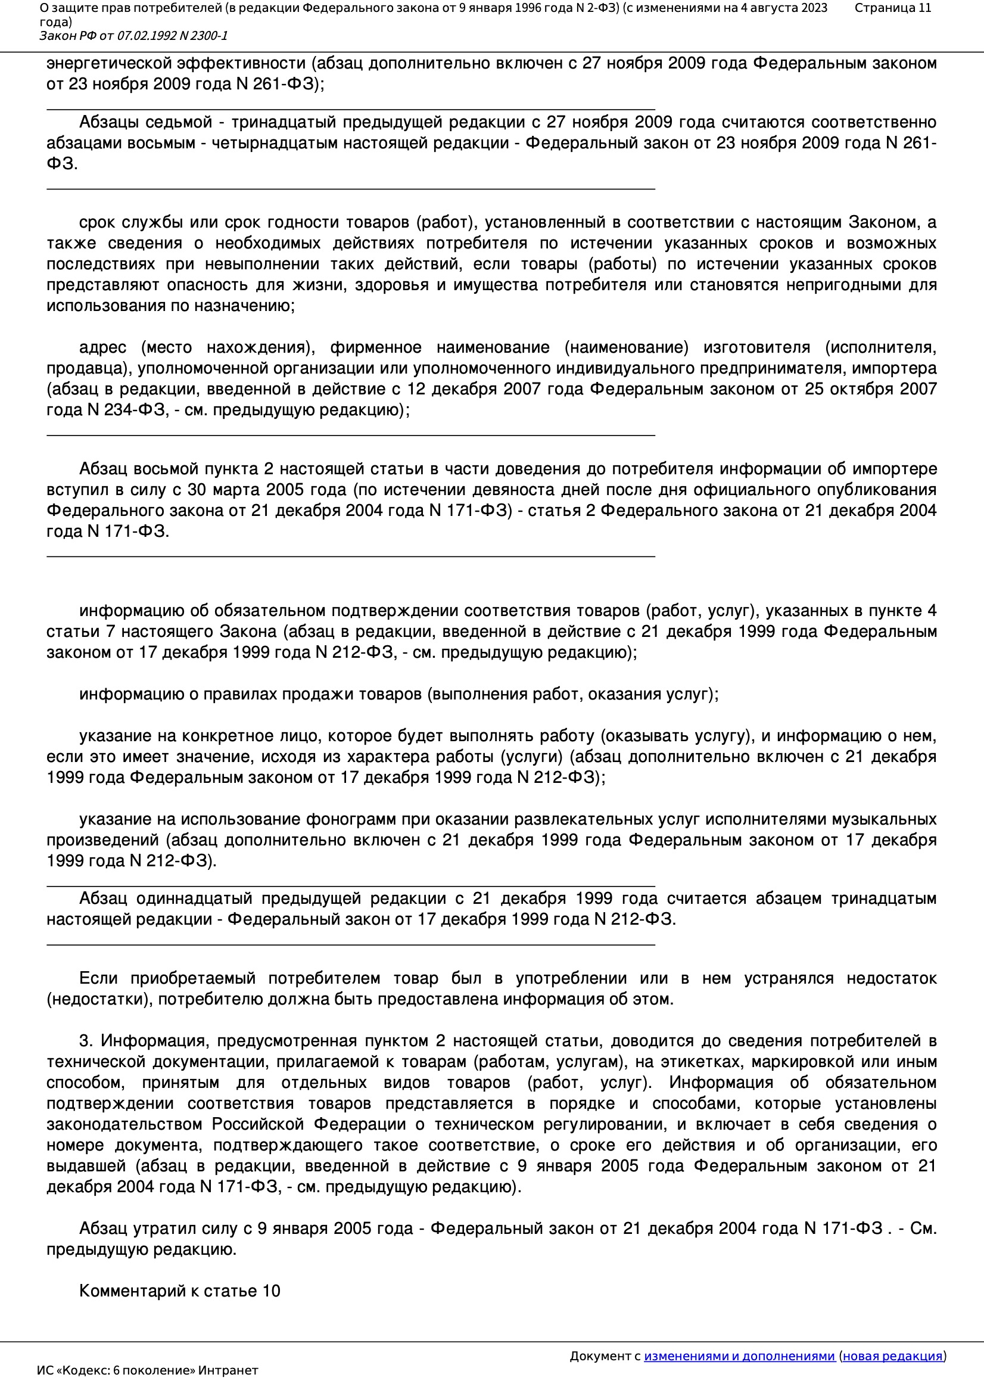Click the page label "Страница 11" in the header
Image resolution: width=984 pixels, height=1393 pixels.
(892, 8)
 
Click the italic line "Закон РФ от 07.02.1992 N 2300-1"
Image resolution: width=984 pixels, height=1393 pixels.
(133, 36)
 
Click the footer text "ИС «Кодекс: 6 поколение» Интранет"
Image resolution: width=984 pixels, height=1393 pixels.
(147, 1370)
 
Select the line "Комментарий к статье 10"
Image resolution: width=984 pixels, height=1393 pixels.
(179, 1291)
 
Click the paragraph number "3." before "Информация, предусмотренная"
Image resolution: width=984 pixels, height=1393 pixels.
(86, 1041)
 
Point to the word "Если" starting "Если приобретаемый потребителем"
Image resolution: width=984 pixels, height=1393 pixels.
(98, 979)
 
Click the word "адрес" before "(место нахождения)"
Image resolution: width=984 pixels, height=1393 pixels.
(102, 347)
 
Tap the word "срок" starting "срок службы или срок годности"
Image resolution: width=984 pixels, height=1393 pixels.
(96, 223)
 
